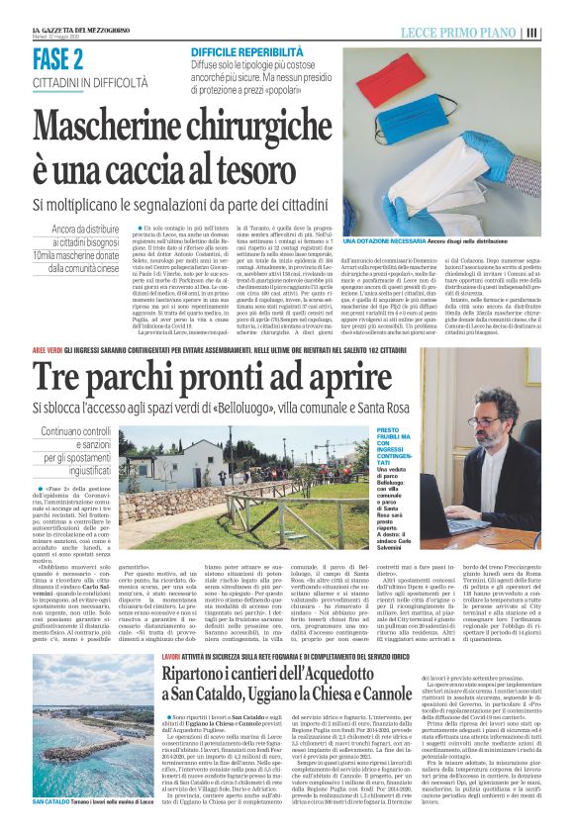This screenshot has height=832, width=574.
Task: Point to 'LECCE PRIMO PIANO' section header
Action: [457, 33]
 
